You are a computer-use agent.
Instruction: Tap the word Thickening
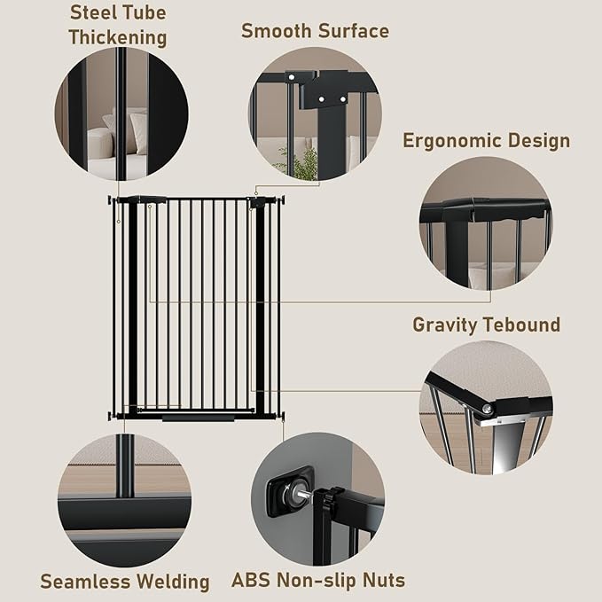[x=118, y=38]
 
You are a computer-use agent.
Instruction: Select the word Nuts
[x=381, y=582]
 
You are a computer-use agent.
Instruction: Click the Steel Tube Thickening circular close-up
[x=121, y=113]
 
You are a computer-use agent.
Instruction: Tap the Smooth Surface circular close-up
[x=314, y=113]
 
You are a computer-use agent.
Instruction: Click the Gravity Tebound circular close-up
[x=485, y=408]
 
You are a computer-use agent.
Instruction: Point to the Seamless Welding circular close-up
[x=124, y=500]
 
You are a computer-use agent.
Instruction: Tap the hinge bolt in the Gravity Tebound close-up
[x=487, y=409]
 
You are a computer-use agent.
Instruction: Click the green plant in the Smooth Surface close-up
[x=306, y=161]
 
